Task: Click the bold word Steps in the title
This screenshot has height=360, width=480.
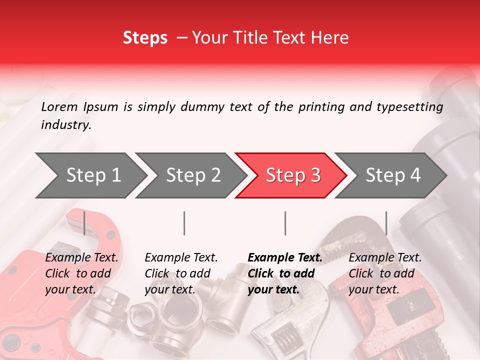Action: click(145, 38)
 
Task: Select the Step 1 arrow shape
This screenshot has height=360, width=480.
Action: click(90, 175)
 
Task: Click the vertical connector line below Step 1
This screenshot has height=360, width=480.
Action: click(84, 223)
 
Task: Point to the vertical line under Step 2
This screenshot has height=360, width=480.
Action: click(184, 223)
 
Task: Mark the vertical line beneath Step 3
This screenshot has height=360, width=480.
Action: click(285, 223)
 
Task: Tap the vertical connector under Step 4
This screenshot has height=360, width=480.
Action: click(386, 223)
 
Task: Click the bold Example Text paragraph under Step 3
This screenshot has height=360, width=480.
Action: click(284, 273)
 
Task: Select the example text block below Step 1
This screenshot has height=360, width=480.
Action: click(81, 273)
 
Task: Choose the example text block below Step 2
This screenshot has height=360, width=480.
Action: click(180, 273)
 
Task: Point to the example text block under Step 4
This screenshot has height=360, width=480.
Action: click(384, 273)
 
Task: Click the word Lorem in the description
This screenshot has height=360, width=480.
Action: click(59, 106)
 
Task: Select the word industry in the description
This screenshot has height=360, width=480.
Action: click(65, 124)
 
